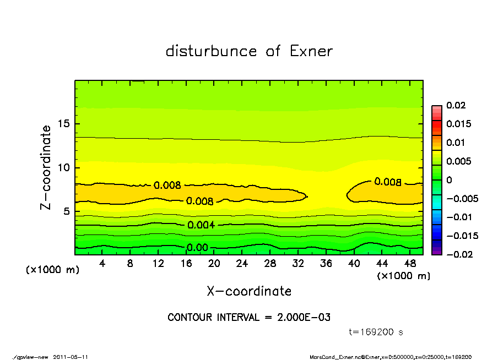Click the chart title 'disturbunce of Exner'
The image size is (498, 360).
point(249,52)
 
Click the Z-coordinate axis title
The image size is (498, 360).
point(46,167)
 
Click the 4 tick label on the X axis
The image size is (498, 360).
point(102,264)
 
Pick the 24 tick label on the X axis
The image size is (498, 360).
point(242,264)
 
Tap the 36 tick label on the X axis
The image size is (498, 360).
point(326,264)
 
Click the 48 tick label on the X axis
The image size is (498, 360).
point(410,264)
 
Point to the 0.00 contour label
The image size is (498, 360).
point(197,248)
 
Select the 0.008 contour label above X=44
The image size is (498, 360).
point(387,182)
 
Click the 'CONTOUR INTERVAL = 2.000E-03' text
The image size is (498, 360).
point(249,318)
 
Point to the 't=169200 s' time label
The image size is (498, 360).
point(376,332)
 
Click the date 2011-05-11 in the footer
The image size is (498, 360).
point(71,357)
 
